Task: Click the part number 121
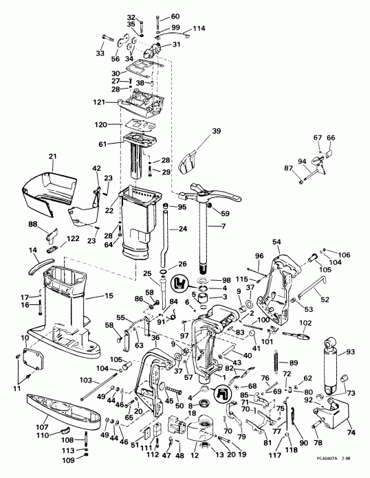pos(100,102)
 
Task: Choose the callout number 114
pos(198,28)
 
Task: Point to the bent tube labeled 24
pos(166,237)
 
